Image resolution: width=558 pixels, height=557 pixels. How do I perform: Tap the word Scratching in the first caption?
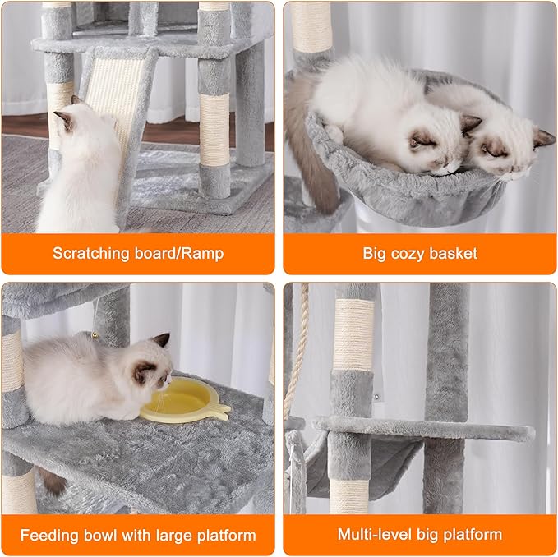pyautogui.click(x=92, y=253)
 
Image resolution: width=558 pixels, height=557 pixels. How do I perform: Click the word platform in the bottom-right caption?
pyautogui.click(x=473, y=536)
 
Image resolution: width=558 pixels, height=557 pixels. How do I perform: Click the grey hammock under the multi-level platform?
pyautogui.click(x=362, y=468)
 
